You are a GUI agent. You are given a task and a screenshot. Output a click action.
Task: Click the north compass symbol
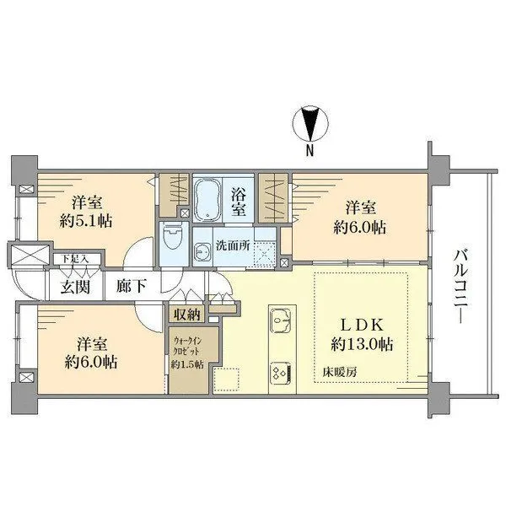310,125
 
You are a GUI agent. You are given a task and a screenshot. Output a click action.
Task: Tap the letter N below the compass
310,152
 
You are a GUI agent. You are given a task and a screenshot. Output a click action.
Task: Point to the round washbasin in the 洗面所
203,251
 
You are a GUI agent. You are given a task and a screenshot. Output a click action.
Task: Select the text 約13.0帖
361,345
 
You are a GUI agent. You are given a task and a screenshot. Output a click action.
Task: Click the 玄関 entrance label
73,285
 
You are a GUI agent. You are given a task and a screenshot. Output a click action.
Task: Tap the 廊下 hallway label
132,285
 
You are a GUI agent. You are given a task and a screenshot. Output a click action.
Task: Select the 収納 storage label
187,315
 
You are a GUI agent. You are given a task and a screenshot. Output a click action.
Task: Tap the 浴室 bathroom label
239,201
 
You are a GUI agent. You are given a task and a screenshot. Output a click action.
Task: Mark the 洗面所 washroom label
233,247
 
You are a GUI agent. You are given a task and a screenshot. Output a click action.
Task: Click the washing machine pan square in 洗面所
265,250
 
